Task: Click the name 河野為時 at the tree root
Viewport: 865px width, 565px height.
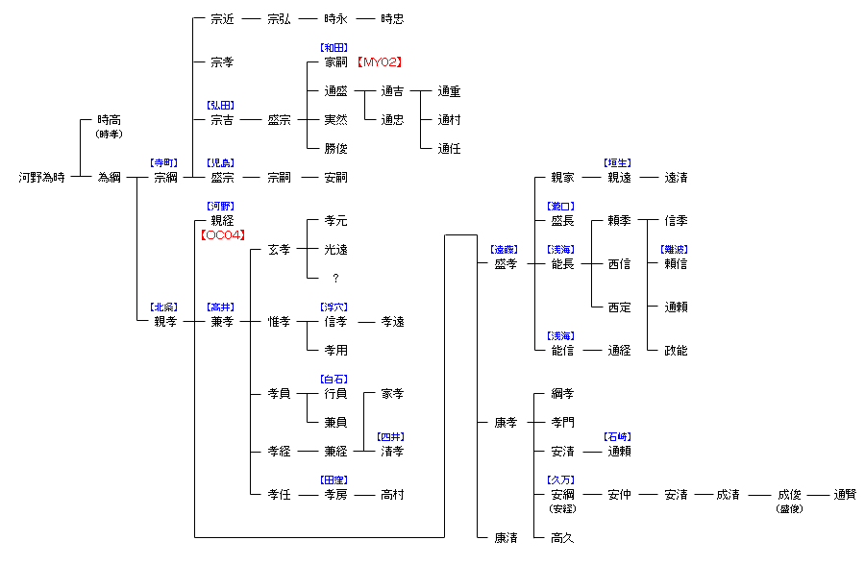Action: tap(42, 178)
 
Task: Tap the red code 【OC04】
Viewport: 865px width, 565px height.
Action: tap(222, 234)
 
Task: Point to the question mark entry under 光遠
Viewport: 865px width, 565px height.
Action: tap(335, 278)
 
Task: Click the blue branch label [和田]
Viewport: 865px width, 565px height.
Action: tap(335, 47)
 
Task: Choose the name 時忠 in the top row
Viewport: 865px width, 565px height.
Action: tap(392, 19)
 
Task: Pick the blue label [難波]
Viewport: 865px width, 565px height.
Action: tap(676, 249)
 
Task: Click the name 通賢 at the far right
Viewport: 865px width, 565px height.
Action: tap(845, 495)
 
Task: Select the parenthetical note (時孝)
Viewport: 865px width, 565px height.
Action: tap(109, 135)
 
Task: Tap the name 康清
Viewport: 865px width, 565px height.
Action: tap(506, 538)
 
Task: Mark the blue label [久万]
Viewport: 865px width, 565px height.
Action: tap(562, 479)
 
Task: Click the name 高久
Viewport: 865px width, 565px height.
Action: tap(562, 538)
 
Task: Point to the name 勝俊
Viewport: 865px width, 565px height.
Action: tap(335, 149)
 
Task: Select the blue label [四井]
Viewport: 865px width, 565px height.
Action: tap(392, 436)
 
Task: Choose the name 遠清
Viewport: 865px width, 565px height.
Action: tap(676, 178)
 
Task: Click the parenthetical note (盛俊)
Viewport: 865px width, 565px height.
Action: tap(789, 509)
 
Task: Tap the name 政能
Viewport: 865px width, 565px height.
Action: tap(676, 351)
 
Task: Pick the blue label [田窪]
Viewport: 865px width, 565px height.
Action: tap(335, 479)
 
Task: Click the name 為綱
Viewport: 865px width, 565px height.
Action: tap(109, 178)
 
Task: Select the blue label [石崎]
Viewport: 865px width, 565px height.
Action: tap(619, 436)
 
